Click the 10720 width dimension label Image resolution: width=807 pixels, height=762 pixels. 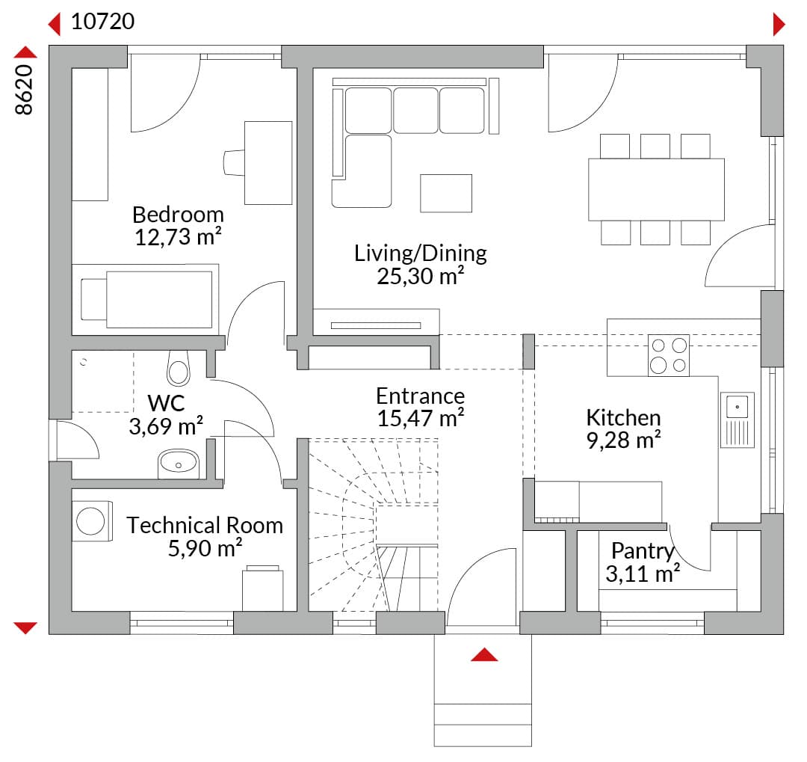pos(102,22)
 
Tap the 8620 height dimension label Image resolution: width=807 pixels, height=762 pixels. pos(24,89)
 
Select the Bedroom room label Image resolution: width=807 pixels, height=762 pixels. pos(178,215)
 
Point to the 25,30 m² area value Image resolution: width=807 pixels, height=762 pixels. pos(421,276)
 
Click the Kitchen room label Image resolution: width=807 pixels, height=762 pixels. pos(623,417)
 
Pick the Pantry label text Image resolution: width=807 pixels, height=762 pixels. pos(643,551)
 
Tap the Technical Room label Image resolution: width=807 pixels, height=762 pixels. pos(205,526)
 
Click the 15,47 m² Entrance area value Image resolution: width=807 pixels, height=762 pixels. pos(421,418)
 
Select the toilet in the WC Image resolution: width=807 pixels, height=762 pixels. pos(179,368)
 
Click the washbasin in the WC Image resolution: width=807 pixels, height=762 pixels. pos(178,463)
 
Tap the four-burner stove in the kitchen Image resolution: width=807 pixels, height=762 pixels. pos(669,355)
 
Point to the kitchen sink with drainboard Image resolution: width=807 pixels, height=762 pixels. pos(738,420)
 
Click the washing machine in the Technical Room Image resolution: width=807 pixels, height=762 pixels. pos(92,521)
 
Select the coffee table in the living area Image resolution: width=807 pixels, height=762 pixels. pos(445,193)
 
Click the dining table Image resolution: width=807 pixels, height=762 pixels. pos(656,190)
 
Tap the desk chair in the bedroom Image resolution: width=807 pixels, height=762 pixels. pos(234,163)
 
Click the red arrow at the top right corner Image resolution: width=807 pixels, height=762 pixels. pos(779,24)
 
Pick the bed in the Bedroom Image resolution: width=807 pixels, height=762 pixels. pos(146,299)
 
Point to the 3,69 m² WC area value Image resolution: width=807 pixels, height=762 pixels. pos(166,426)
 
